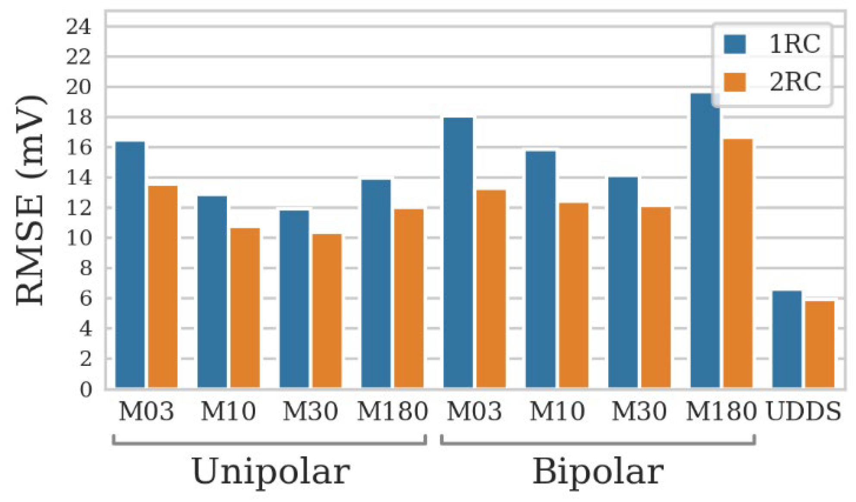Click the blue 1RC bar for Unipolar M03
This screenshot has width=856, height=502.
pos(130,265)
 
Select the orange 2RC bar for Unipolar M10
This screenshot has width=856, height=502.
pos(245,308)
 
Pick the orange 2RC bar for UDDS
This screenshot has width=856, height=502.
pos(820,344)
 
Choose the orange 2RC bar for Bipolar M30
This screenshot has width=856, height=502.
pos(656,297)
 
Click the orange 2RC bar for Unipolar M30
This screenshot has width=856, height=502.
pos(327,311)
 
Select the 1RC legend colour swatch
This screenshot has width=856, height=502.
pos(734,44)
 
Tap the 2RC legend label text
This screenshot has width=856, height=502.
pos(795,82)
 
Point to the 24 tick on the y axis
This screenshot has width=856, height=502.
pos(79,27)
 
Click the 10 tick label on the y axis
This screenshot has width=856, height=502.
pos(79,238)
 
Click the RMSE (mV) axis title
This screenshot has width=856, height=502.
pos(30,200)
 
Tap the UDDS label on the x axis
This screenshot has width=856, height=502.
pos(803,411)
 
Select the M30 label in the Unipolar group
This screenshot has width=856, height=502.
pos(310,411)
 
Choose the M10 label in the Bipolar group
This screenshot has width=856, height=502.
pos(557,411)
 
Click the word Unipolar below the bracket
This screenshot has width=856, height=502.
pos(271,471)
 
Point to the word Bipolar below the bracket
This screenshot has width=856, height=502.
pos(598,471)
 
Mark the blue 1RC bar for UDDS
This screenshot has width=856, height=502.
pos(787,339)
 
